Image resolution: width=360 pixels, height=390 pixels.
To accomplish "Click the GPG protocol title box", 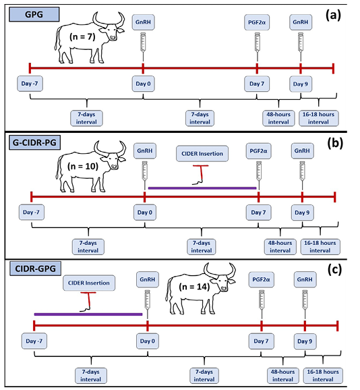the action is [34, 14].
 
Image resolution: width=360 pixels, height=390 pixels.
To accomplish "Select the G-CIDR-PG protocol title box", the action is [34, 143].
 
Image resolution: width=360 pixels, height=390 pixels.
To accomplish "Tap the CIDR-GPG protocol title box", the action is [35, 269].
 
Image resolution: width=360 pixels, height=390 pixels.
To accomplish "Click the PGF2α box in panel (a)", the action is [257, 22].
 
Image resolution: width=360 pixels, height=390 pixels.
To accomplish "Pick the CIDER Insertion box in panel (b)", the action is [202, 154].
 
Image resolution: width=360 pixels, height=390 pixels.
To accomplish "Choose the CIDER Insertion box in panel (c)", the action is [89, 283].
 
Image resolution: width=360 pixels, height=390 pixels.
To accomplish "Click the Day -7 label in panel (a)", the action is [30, 84].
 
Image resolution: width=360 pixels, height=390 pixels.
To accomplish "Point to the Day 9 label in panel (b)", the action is [302, 213].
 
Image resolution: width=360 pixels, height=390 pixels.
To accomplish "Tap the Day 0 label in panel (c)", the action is [148, 341].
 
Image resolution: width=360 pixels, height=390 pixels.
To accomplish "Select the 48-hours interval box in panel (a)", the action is [278, 118].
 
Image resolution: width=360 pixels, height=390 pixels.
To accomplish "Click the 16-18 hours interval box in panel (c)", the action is [323, 376].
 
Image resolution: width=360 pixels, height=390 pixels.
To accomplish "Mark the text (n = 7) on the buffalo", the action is [82, 37].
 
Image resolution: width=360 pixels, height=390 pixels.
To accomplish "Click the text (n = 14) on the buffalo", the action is [194, 287].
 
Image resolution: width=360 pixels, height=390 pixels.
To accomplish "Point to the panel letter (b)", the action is [334, 143].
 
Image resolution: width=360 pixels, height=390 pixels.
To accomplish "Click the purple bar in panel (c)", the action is [88, 314].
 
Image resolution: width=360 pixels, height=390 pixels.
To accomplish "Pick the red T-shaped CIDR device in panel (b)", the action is [200, 175].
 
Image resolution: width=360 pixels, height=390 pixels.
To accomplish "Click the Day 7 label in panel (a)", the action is [257, 84].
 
